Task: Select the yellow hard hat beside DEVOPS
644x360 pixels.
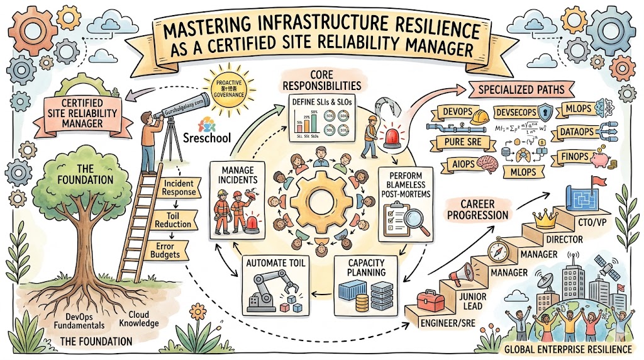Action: coord(481,117)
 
